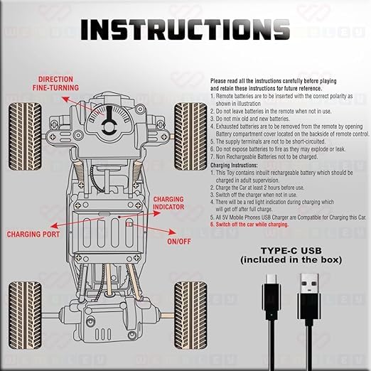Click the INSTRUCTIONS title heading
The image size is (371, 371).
[185, 29]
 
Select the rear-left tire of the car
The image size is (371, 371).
[21, 303]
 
